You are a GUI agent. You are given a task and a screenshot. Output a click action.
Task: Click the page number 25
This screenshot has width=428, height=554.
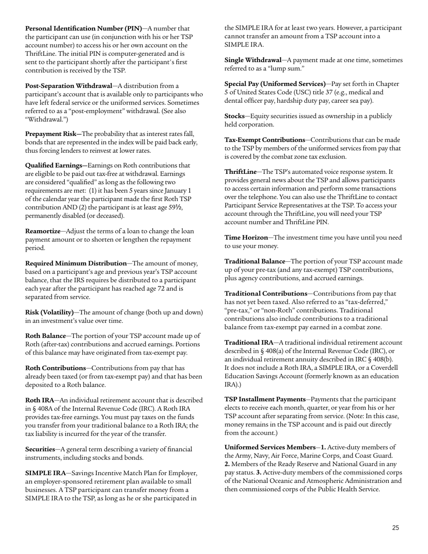(x=395, y=528)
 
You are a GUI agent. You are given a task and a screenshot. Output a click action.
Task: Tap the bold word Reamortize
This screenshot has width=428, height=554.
(x=43, y=231)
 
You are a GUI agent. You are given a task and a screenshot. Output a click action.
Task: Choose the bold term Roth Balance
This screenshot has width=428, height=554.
(x=46, y=336)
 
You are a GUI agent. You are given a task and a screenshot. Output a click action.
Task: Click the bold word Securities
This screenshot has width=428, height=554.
(x=41, y=449)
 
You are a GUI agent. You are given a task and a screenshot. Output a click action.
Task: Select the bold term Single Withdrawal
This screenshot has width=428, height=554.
(x=253, y=60)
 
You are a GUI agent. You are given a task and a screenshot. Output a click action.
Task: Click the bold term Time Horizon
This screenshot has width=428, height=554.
(x=246, y=237)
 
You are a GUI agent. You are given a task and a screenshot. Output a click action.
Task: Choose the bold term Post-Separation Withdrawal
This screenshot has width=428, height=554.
(x=68, y=86)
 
